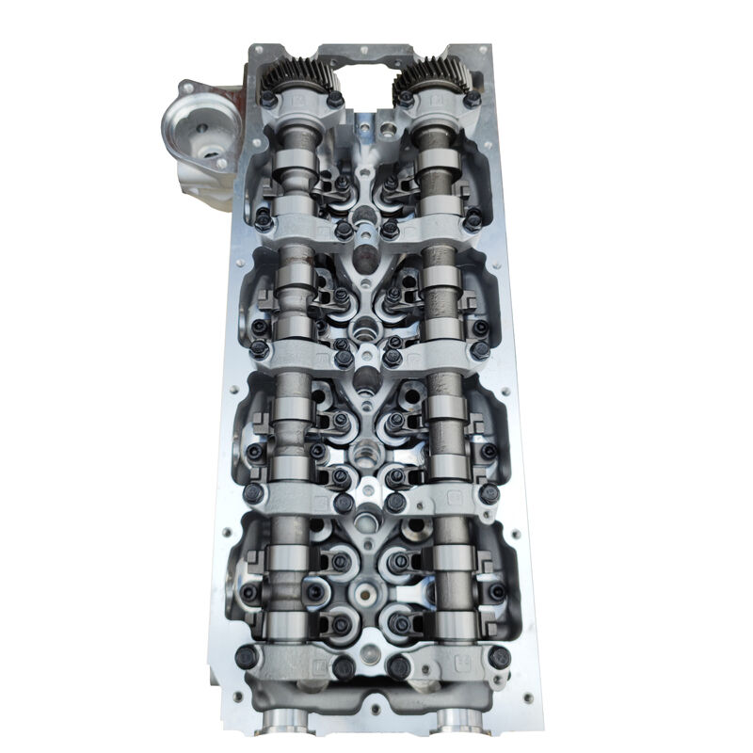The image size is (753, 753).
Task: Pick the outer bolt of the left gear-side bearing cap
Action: pyautogui.click(x=267, y=98)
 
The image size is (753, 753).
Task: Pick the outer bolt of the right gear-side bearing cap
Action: pyautogui.click(x=473, y=98)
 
